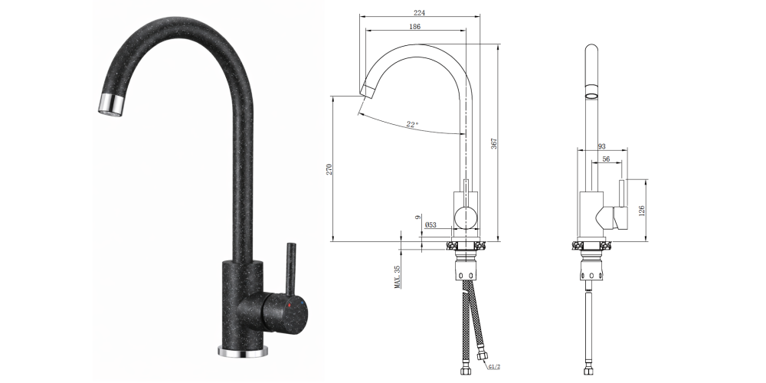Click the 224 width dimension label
(x=419, y=13)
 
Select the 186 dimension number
(x=414, y=27)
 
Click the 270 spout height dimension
(x=329, y=169)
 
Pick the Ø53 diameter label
(x=430, y=225)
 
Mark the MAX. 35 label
(x=397, y=277)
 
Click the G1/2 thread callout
(x=494, y=366)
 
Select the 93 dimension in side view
(x=601, y=146)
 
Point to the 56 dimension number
(x=606, y=159)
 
